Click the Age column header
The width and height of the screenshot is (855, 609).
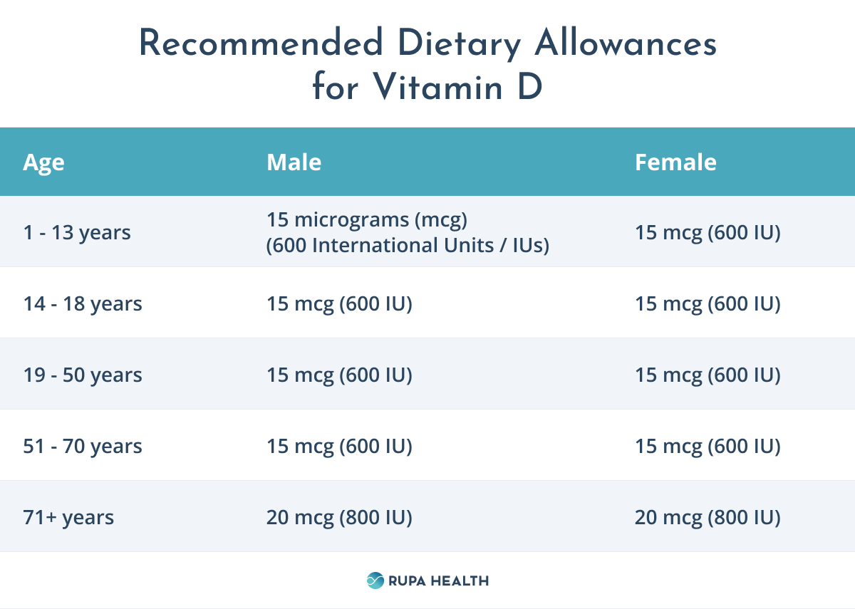click(43, 162)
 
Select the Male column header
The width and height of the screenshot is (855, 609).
click(294, 162)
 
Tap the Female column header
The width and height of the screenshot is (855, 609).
click(675, 162)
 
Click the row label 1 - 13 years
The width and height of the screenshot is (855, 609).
click(77, 232)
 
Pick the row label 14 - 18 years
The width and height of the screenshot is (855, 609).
click(83, 303)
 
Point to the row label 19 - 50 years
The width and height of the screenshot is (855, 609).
click(83, 375)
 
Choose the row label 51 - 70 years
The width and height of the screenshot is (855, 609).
click(83, 446)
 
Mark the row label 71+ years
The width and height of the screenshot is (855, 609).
click(68, 517)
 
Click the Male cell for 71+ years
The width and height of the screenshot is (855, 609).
click(339, 517)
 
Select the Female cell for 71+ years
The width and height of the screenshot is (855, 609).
click(708, 517)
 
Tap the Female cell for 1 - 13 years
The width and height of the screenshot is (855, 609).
click(708, 232)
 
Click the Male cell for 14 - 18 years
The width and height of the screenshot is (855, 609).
click(339, 303)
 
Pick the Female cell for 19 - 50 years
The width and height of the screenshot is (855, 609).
click(708, 375)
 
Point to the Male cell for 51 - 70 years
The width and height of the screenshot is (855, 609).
click(339, 446)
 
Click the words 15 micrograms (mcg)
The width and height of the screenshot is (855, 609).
click(367, 220)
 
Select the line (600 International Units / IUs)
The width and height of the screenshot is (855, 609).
click(408, 245)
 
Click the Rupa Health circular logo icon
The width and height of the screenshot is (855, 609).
click(375, 581)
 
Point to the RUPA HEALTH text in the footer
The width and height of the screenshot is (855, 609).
click(438, 581)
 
